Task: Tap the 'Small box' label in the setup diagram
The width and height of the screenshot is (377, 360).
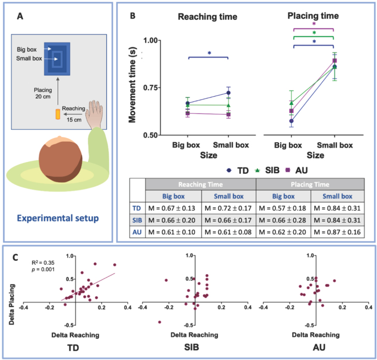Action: click(31, 59)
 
